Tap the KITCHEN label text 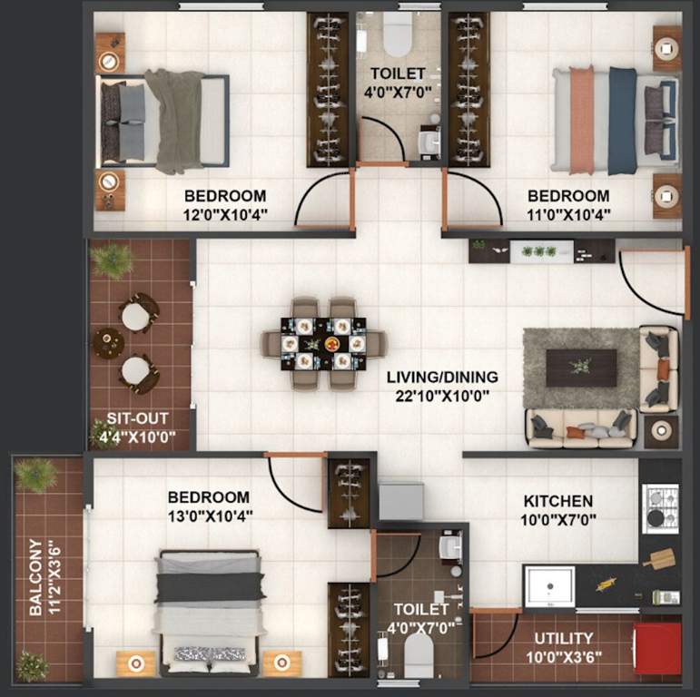(558, 501)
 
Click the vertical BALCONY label (35, 577)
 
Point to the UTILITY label (563, 638)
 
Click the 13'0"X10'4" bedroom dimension (208, 515)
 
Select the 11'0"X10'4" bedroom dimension (568, 215)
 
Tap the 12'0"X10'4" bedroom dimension (225, 215)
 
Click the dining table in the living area (323, 344)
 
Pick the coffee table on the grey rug (581, 367)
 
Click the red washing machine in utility (657, 647)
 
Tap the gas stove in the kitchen (659, 508)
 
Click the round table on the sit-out (109, 343)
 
